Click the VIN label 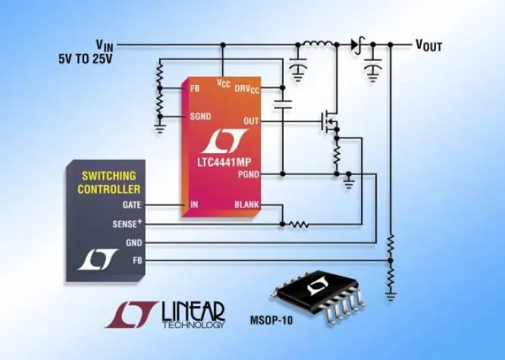coord(105,44)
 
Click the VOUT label coord(428,45)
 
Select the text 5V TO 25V coord(84,58)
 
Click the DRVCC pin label coord(246,89)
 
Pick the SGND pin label coord(200,117)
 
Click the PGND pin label coord(248,174)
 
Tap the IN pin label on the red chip coord(193,205)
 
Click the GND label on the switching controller coord(133,243)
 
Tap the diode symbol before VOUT coord(355,45)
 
